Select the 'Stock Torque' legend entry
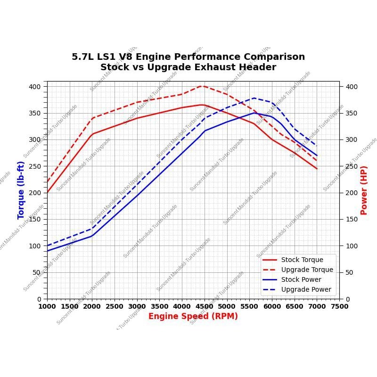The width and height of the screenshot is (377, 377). [302, 260]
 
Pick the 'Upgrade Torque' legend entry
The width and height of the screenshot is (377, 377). [307, 270]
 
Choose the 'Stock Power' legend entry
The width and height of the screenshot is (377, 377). [301, 279]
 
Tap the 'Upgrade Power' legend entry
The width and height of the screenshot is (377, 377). [306, 289]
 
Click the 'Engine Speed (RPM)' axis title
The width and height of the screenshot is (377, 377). [193, 316]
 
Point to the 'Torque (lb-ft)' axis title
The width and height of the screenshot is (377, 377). [21, 190]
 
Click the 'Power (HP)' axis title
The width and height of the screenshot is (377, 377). [364, 190]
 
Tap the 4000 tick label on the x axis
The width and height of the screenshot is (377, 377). [182, 306]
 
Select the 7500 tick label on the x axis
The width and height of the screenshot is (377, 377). [339, 306]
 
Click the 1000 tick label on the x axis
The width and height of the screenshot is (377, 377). [47, 306]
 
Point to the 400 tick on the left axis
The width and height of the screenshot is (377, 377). [35, 87]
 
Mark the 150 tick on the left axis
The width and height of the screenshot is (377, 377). [35, 219]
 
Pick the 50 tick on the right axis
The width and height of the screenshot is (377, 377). [349, 272]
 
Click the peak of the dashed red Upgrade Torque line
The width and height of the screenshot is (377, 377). [202, 86]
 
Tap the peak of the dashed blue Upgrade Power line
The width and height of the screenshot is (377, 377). [254, 98]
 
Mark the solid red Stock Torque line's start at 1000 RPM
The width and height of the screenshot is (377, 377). [47, 192]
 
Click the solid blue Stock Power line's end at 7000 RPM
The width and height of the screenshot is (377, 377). [317, 156]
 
